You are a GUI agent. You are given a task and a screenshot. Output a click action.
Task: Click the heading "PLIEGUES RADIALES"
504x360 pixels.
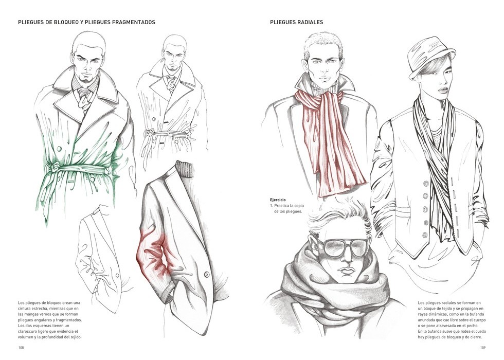296,22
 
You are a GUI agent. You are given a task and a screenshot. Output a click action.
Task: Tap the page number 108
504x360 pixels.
21,348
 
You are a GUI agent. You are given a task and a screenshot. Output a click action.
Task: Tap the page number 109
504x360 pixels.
483,348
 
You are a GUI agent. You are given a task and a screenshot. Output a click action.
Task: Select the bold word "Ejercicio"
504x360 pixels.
278,200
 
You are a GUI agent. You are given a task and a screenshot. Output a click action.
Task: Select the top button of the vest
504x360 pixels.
426,184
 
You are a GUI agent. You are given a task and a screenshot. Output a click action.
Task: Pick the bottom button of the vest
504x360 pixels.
426,235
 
